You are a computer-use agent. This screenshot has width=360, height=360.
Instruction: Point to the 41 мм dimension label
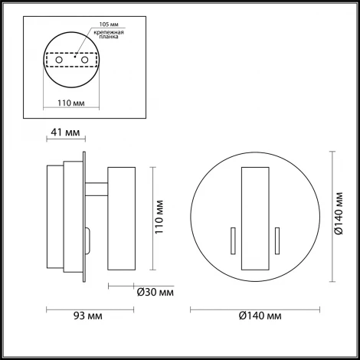coord(64,133)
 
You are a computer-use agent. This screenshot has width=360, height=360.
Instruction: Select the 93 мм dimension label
coord(84,316)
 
